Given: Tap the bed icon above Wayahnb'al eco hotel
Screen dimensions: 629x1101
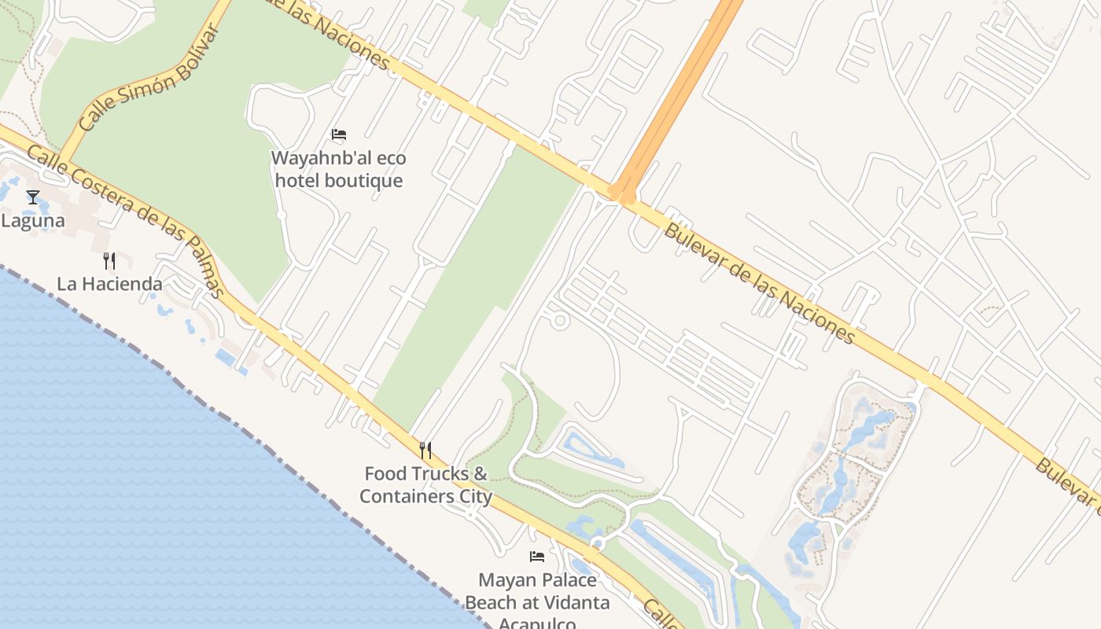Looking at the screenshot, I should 339,134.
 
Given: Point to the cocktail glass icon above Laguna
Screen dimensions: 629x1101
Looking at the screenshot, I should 32,197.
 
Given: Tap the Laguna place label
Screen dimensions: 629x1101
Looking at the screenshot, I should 32,221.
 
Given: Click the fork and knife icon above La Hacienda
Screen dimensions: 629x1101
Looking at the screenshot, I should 109,260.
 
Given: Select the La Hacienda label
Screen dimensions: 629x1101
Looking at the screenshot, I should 109,284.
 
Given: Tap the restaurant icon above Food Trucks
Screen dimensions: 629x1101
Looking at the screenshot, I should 425,451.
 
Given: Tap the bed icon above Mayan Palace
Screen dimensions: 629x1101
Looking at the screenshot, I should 537,557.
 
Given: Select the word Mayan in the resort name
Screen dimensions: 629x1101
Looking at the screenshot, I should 504,581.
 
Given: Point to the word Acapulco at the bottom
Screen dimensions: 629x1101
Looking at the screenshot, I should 537,623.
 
